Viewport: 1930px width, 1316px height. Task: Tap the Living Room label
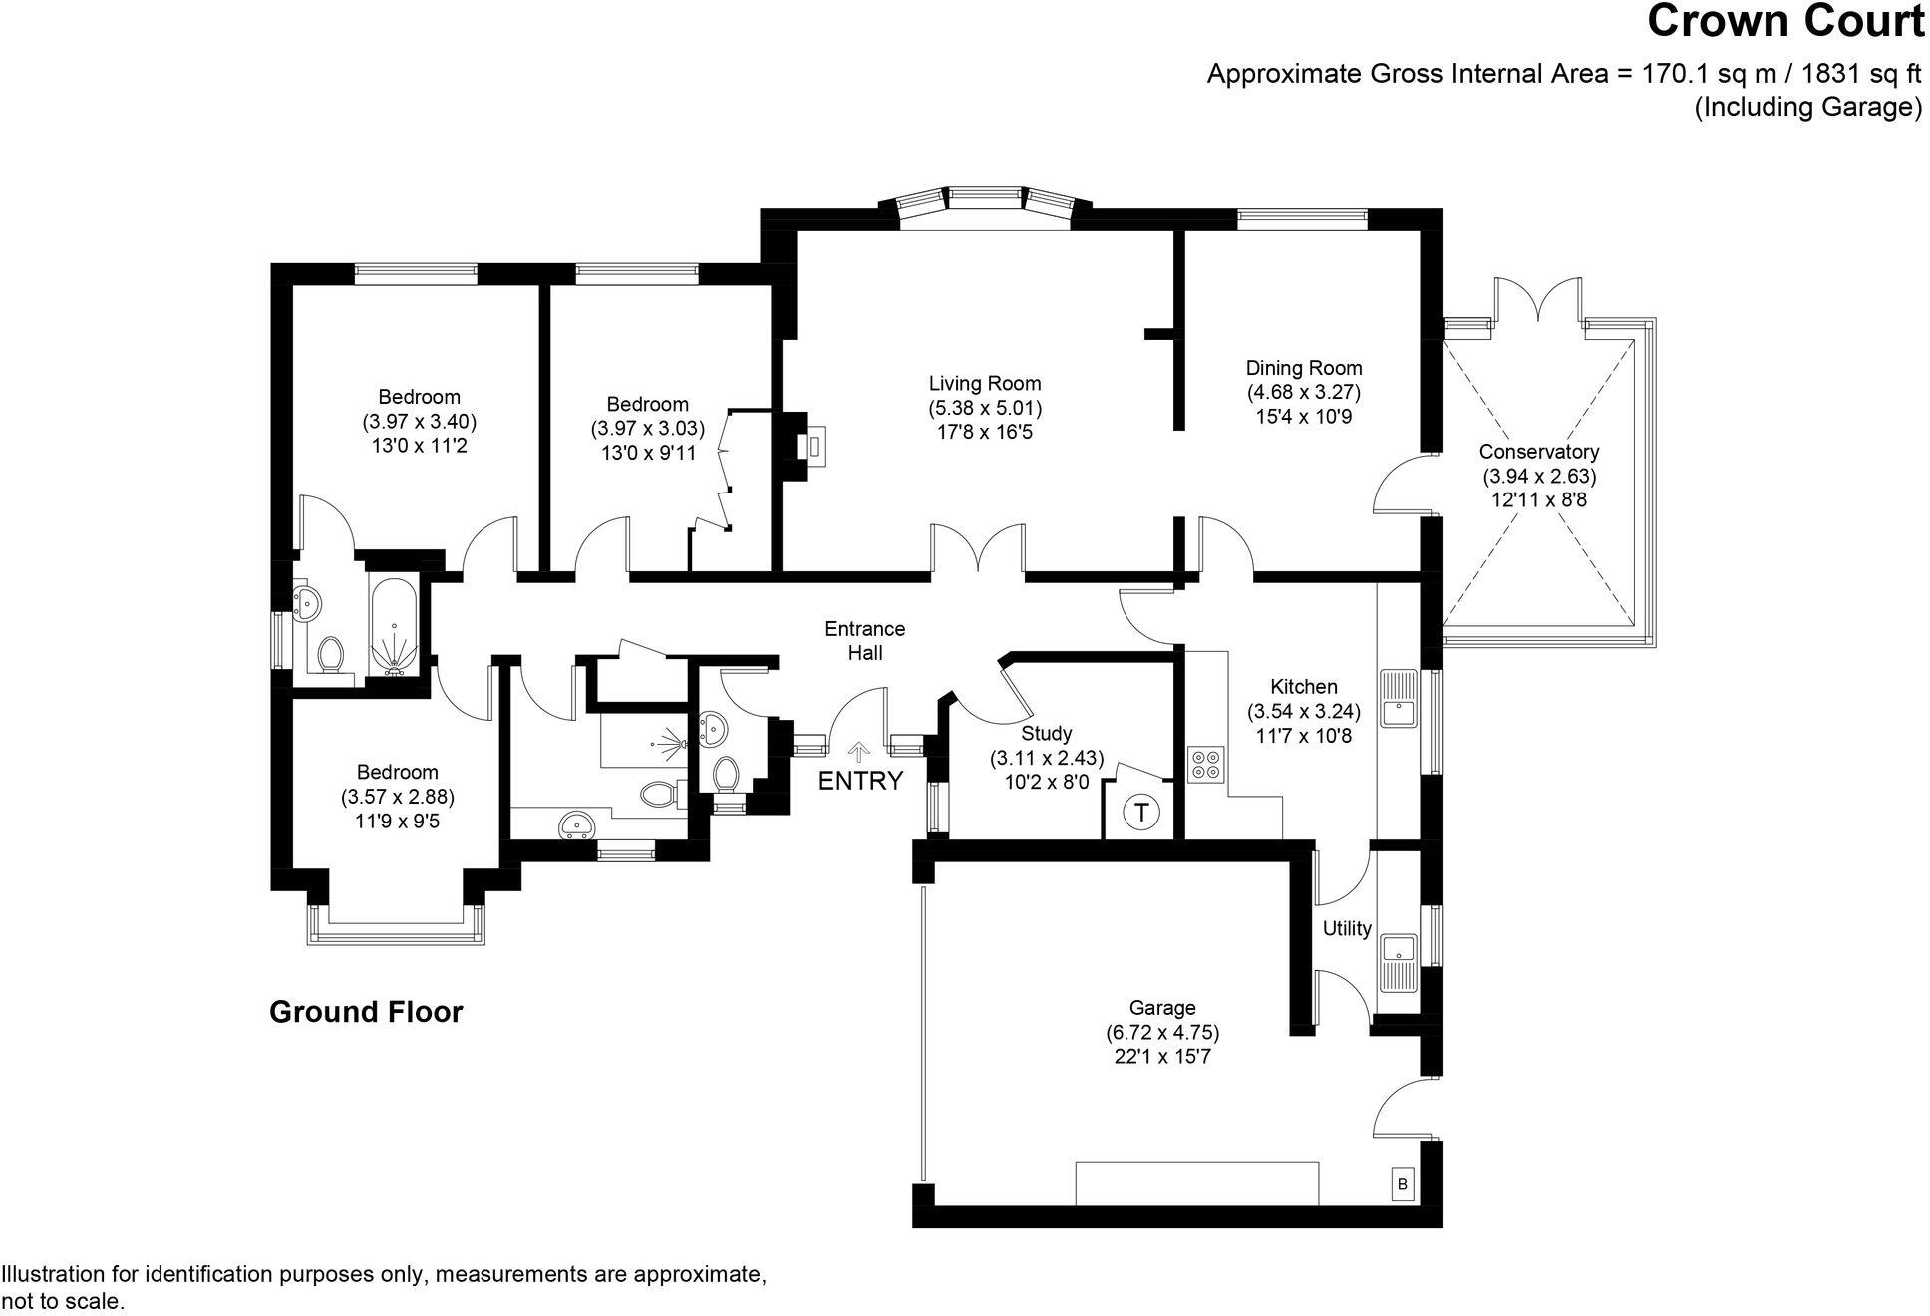click(985, 383)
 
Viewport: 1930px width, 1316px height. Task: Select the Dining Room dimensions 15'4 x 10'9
click(1303, 417)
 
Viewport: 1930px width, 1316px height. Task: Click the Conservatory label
click(1539, 452)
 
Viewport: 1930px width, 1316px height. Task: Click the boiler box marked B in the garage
click(1403, 1184)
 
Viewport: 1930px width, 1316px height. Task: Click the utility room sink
click(1399, 962)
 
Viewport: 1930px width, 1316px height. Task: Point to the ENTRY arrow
click(857, 752)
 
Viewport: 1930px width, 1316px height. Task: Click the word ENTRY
click(860, 781)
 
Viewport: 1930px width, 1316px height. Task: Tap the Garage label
click(1162, 1008)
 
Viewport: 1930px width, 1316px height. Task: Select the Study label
click(1047, 734)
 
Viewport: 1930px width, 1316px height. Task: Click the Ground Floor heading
click(366, 1012)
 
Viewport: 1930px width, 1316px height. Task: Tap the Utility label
click(1347, 928)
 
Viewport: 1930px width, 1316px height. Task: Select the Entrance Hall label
click(864, 641)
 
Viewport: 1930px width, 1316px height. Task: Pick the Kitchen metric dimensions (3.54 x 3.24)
click(1303, 711)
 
